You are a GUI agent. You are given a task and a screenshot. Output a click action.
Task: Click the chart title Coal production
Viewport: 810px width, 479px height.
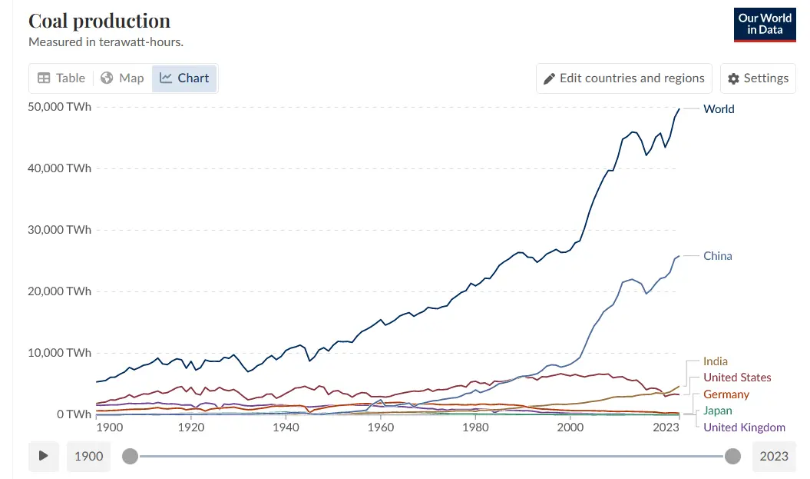coord(99,21)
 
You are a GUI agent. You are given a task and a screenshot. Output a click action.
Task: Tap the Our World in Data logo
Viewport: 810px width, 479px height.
coord(765,24)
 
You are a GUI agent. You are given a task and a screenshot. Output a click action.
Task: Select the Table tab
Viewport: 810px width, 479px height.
coord(61,78)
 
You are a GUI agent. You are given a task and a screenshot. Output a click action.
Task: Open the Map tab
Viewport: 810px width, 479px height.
coord(123,78)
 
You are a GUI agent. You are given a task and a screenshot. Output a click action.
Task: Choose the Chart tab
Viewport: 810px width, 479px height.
coord(184,78)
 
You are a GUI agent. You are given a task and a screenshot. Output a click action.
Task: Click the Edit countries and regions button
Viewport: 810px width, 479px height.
coord(623,78)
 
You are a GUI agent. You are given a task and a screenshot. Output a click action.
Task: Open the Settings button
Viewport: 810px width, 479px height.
coord(758,78)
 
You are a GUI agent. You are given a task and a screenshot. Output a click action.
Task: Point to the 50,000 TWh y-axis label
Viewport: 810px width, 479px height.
coord(60,107)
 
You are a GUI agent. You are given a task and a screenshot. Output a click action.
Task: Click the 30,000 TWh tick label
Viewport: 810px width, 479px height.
coord(60,230)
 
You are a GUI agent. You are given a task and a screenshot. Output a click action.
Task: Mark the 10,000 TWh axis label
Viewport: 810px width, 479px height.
coord(60,353)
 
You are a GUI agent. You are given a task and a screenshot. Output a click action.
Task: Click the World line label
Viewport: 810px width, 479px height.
coord(719,109)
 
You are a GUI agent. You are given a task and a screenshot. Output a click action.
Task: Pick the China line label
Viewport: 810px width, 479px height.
coord(718,256)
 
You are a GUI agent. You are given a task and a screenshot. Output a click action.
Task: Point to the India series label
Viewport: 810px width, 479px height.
coord(716,361)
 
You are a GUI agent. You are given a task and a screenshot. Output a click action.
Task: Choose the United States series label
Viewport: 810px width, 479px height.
coord(737,378)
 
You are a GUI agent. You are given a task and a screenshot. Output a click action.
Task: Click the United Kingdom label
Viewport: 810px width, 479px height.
coord(744,427)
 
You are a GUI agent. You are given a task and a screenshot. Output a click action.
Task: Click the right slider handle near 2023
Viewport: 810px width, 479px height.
coord(733,457)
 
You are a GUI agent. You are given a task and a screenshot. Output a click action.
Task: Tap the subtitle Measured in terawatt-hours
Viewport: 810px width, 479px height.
coord(106,42)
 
